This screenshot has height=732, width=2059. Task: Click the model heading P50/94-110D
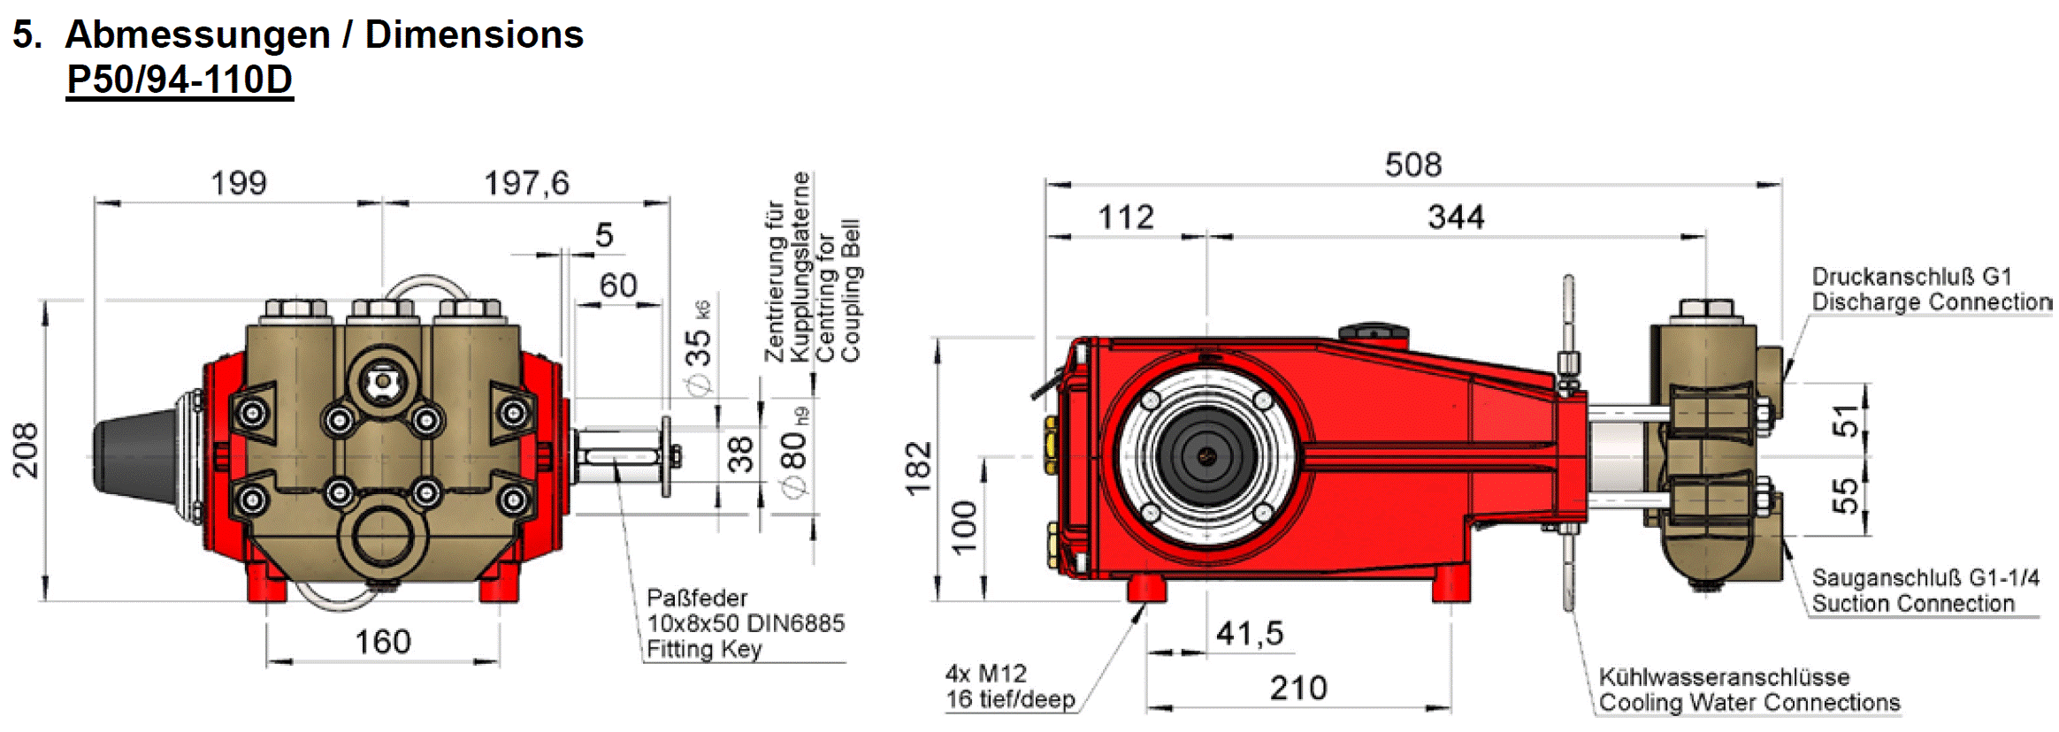click(180, 80)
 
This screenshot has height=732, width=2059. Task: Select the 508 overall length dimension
click(1412, 165)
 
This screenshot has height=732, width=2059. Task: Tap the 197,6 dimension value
click(526, 183)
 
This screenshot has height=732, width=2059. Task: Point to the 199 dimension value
click(238, 183)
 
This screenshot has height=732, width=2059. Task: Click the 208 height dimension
click(26, 451)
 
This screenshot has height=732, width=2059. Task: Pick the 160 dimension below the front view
click(382, 641)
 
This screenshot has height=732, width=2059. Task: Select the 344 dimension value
click(1455, 217)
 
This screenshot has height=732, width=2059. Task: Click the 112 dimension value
click(1125, 217)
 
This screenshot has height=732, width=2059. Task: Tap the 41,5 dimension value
click(1249, 633)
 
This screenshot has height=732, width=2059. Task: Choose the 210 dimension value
click(1297, 688)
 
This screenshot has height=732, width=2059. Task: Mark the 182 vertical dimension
click(919, 468)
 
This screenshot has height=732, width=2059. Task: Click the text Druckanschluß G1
click(1910, 277)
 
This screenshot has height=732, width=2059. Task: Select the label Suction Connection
click(1912, 604)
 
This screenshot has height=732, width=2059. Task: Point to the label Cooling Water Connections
click(1749, 703)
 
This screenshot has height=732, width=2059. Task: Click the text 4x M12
click(985, 674)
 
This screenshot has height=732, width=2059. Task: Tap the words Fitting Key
click(704, 650)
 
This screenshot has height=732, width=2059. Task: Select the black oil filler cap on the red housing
click(1372, 332)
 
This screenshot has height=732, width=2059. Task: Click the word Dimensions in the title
click(474, 34)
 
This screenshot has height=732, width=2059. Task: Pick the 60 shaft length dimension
click(617, 286)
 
